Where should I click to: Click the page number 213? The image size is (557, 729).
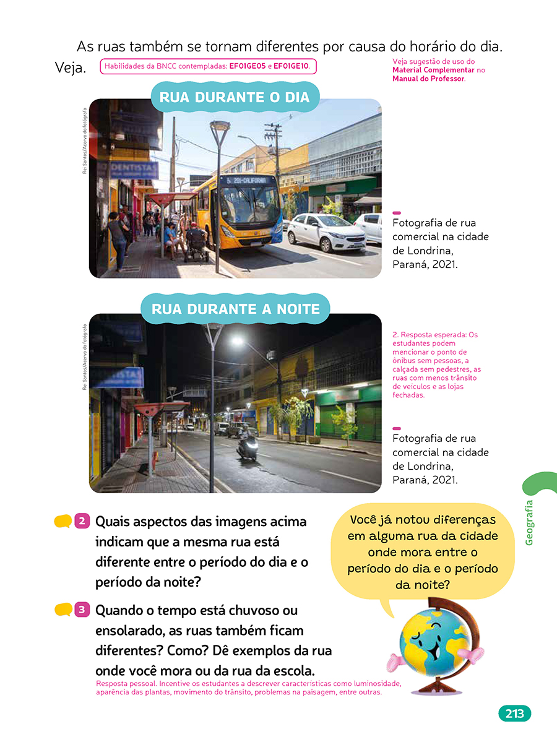[x=514, y=714]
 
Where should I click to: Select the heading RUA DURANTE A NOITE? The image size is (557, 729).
[x=236, y=308]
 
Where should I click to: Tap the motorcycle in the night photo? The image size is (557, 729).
[x=248, y=446]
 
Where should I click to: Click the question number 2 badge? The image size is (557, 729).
[x=82, y=521]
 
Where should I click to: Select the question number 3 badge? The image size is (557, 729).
[x=82, y=610]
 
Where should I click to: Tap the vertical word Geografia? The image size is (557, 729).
[x=529, y=523]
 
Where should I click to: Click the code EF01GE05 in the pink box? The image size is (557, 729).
[x=248, y=66]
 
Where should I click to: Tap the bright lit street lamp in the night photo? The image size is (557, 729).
[x=237, y=340]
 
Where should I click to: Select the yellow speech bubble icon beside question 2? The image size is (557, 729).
[x=63, y=522]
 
